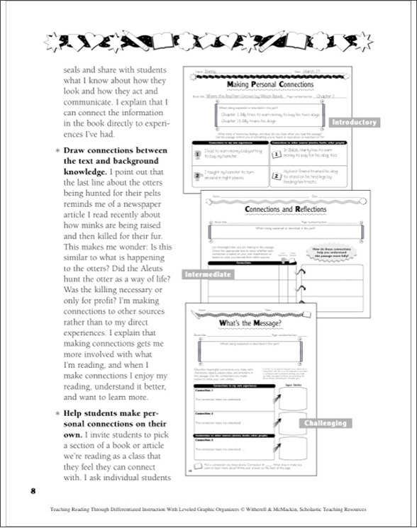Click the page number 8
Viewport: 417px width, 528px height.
click(33, 490)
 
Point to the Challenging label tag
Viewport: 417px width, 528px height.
click(326, 423)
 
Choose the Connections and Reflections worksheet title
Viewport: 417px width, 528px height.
click(286, 210)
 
